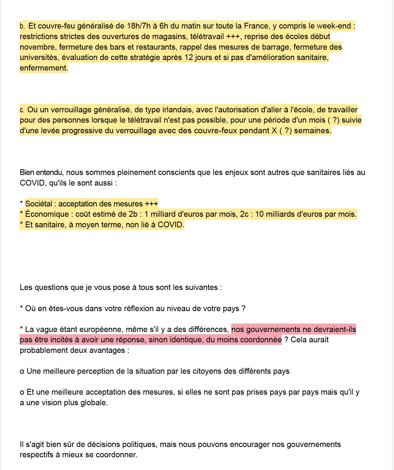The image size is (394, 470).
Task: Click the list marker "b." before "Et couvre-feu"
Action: point(22,26)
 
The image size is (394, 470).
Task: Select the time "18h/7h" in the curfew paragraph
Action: point(139,26)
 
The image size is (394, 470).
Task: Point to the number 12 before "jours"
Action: point(189,57)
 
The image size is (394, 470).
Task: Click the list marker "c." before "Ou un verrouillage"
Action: point(22,110)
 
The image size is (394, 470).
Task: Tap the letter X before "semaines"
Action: point(274,131)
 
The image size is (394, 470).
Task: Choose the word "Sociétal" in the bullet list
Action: point(39,204)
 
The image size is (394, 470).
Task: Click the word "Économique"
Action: point(47,214)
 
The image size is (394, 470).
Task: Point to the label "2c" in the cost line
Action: point(244,214)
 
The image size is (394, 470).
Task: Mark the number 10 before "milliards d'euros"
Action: point(259,214)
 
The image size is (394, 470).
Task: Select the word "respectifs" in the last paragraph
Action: point(36,455)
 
